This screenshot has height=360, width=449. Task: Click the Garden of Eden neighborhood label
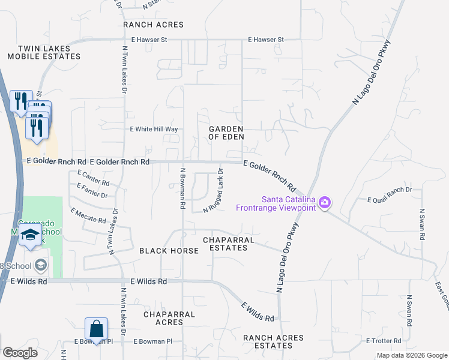point(226,133)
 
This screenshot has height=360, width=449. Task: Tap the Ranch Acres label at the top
point(153,25)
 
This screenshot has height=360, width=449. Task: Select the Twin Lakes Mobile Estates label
point(44,52)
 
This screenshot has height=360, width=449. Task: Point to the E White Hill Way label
point(154,129)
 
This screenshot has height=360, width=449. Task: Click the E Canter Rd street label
point(94,178)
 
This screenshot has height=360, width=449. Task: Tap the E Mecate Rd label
point(88,215)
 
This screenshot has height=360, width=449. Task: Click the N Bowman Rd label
point(182,188)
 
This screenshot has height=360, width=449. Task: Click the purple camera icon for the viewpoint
point(325,203)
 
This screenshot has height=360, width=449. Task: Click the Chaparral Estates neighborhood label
point(229,244)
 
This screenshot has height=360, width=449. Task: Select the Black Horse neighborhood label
point(169,250)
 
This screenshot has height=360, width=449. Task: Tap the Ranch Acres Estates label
point(273,341)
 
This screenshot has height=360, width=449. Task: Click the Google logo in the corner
point(20,352)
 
